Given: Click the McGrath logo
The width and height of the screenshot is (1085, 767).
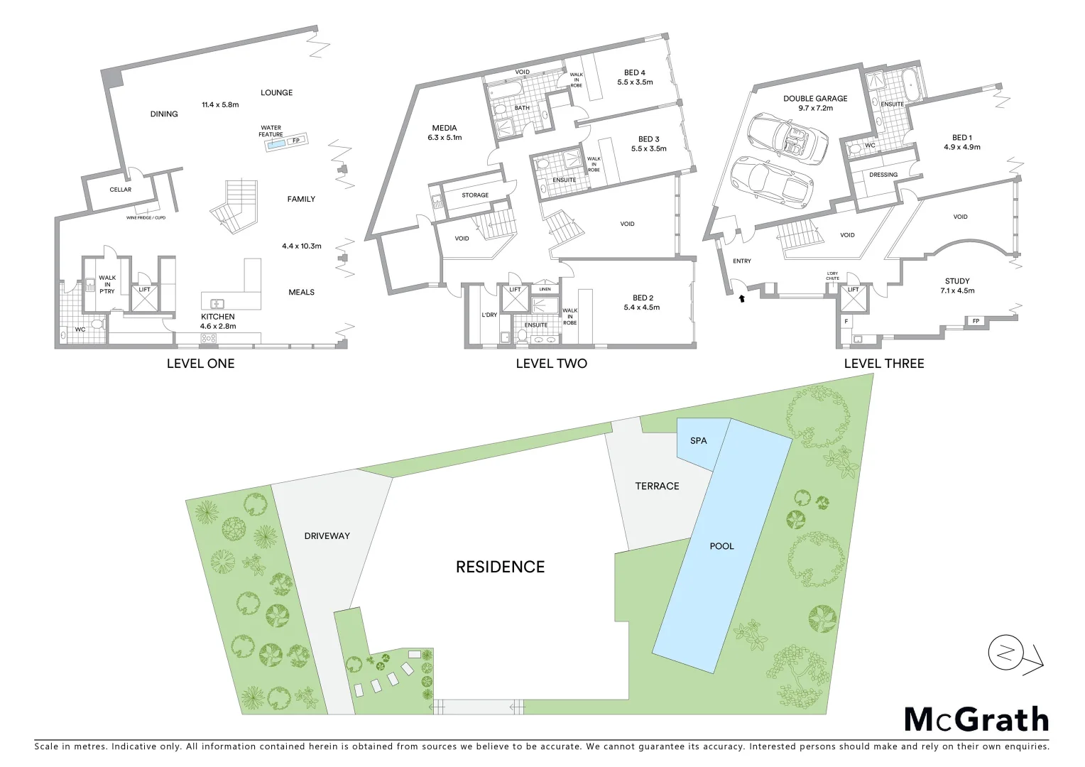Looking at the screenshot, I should tap(976, 719).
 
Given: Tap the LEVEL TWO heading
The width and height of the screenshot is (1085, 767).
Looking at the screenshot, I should tap(551, 364).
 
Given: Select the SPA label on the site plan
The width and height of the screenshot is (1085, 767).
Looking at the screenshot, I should tap(699, 441).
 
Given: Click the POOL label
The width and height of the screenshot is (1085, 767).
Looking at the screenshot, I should tap(721, 546).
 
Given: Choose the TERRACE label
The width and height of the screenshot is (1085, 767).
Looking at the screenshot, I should tap(657, 486).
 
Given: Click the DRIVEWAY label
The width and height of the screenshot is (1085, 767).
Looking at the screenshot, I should tap(327, 536).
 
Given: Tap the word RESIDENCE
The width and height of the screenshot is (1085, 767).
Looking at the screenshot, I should tap(500, 567).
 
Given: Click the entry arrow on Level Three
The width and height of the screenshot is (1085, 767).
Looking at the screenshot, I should tap(742, 299).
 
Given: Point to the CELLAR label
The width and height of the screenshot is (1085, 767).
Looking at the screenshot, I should tap(120, 190).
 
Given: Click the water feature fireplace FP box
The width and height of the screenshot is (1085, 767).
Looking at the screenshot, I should tap(296, 141).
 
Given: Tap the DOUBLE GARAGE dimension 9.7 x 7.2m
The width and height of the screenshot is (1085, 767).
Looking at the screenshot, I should tap(815, 109).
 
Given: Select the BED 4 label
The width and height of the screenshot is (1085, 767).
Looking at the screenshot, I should tap(635, 72).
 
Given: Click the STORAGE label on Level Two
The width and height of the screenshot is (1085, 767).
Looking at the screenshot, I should tap(475, 195).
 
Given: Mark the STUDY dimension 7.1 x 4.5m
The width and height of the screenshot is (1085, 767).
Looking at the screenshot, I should tap(957, 290).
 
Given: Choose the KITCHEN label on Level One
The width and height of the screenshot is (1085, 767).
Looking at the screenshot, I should tap(217, 317).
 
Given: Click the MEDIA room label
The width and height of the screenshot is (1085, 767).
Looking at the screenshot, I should tap(445, 128).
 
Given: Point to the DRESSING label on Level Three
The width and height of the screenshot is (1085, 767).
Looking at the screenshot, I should tap(883, 175).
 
